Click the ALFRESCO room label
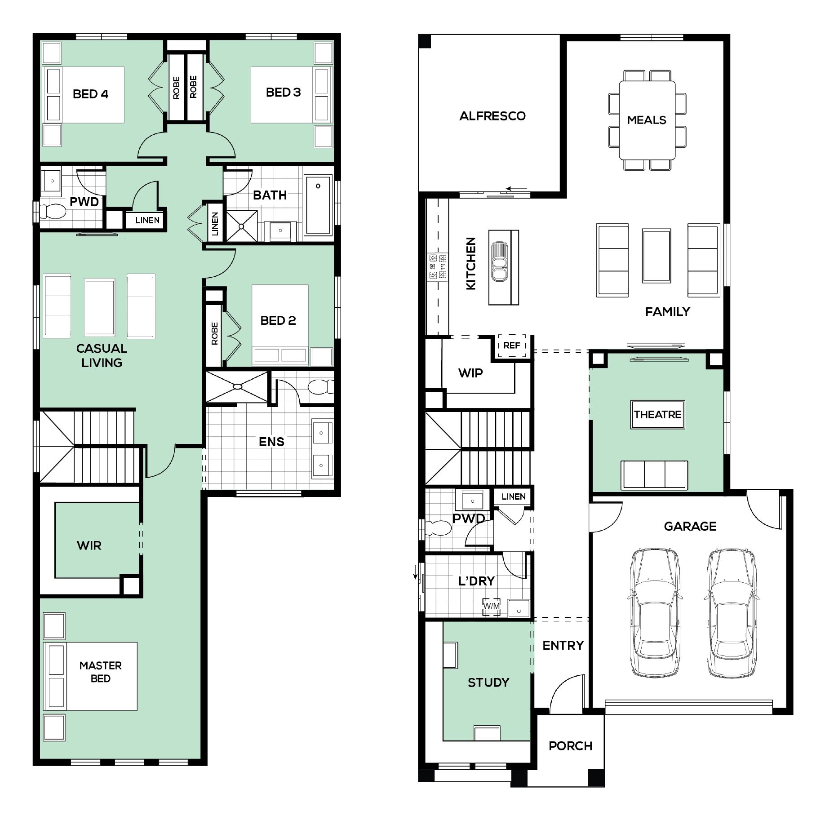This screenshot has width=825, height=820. click(x=492, y=116)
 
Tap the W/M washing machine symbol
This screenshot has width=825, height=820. click(x=491, y=606)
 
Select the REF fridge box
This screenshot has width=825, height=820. click(x=511, y=346)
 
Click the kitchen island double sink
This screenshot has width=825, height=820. click(x=499, y=262)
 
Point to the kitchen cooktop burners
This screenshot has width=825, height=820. click(x=438, y=266)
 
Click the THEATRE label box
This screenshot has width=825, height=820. click(x=657, y=414)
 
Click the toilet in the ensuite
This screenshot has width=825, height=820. click(x=321, y=387)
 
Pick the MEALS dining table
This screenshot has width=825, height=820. click(x=647, y=120)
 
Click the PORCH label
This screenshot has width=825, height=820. click(x=570, y=746)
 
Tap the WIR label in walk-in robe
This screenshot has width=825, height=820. click(x=89, y=545)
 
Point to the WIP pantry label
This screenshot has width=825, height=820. click(x=470, y=373)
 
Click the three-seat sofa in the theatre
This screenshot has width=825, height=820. click(x=654, y=475)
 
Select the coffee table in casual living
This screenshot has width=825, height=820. click(x=99, y=307)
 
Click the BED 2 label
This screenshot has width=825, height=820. click(x=278, y=320)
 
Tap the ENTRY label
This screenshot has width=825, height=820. click(x=563, y=645)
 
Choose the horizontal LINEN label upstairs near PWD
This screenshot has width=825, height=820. click(x=147, y=220)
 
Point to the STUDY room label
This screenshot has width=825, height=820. click(x=488, y=683)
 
